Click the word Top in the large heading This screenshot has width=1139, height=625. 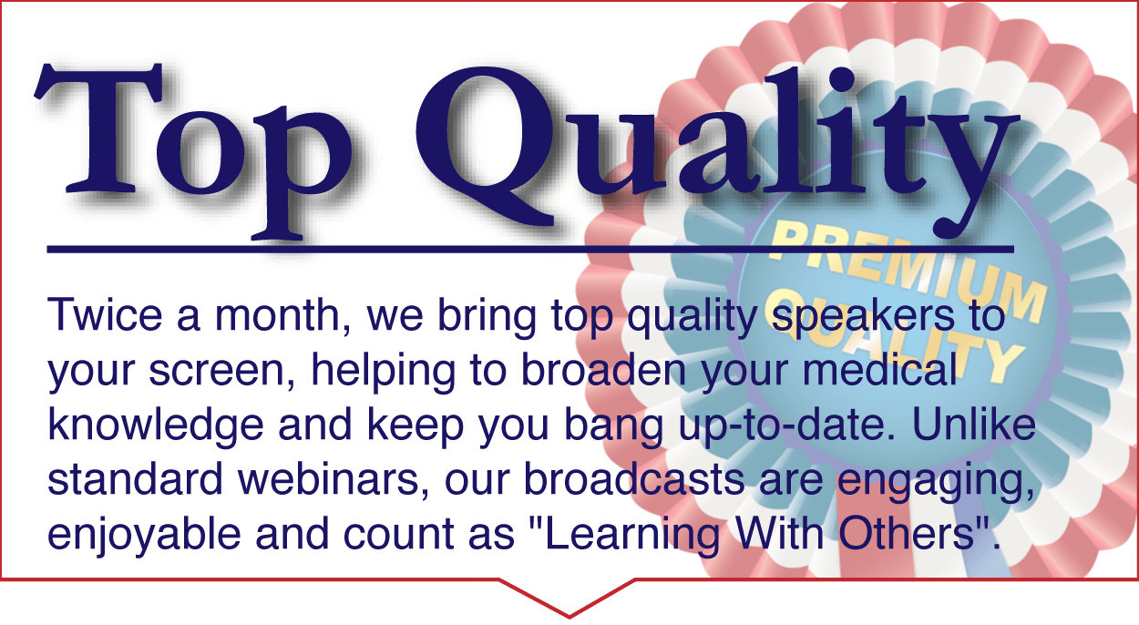(193, 151)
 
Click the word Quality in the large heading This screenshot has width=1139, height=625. (718, 152)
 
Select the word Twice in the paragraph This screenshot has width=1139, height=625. (105, 315)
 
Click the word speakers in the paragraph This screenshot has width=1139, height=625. (863, 315)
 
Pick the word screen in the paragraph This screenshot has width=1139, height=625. (221, 370)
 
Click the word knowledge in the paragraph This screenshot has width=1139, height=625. (156, 426)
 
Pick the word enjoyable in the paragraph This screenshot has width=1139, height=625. (144, 536)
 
